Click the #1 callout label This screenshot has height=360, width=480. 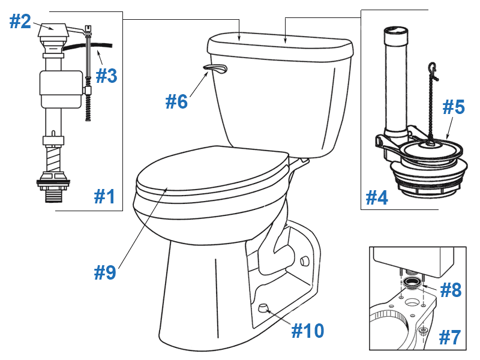[104, 196]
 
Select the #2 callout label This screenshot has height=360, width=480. [20, 22]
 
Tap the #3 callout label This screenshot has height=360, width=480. [107, 76]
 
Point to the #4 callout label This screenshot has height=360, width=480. [377, 196]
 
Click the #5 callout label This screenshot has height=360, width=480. [454, 107]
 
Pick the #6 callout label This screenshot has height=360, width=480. [176, 101]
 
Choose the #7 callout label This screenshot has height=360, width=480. [449, 337]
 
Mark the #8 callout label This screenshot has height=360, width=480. [450, 290]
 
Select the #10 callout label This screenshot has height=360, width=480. [307, 329]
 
